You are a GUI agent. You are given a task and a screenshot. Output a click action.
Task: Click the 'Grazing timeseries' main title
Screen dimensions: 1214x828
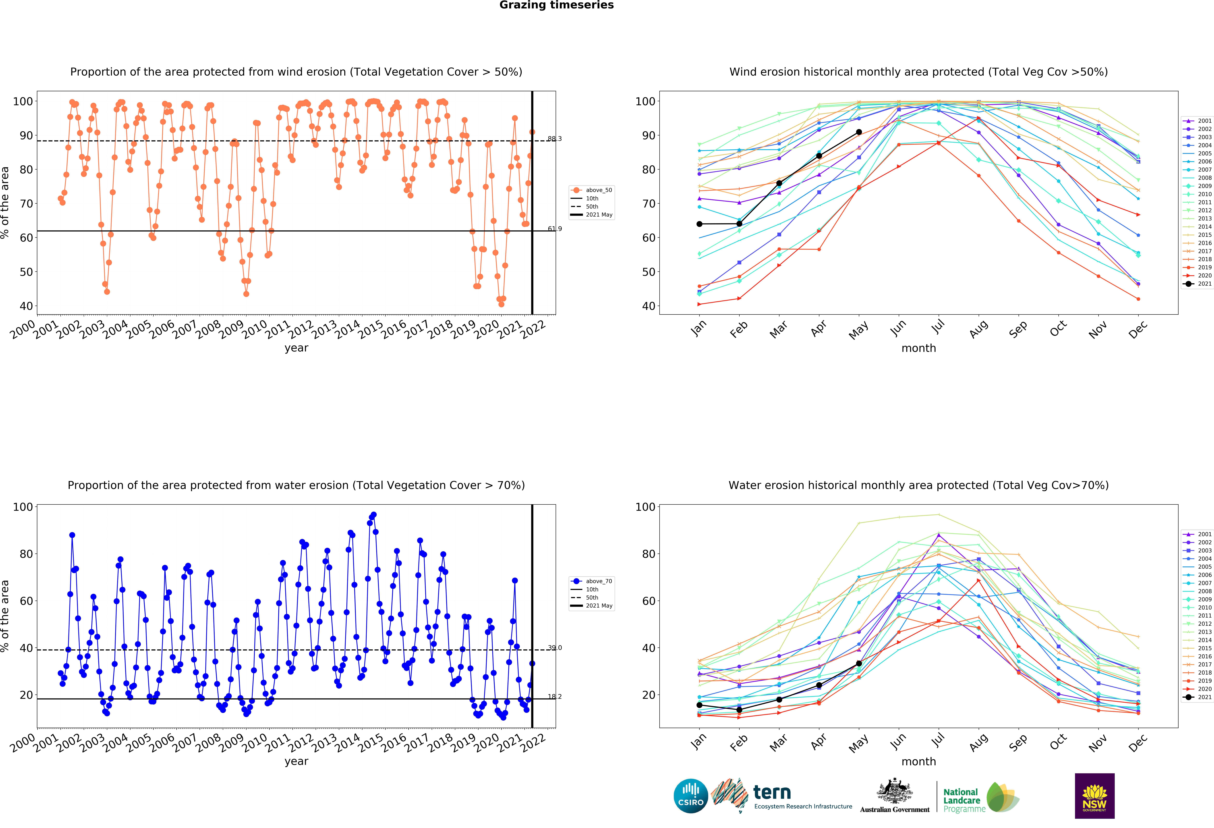[x=556, y=5]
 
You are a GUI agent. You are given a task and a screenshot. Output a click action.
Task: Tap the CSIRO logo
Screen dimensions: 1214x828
[x=691, y=796]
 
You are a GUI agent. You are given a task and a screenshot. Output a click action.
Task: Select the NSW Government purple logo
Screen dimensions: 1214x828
[x=1094, y=796]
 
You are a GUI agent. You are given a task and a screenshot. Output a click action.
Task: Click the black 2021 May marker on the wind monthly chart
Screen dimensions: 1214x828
[x=859, y=132]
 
